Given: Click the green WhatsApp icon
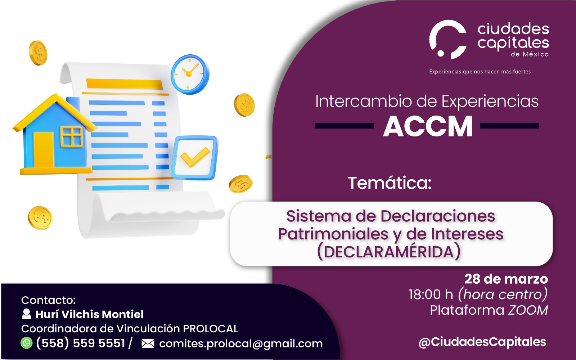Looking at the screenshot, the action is pos(27,343).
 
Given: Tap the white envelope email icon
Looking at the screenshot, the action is pos(148,343).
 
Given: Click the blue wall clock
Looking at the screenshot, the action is pos(190,74).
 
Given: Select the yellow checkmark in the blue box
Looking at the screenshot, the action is pos(195,157).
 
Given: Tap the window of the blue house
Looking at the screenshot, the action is pos(72,137).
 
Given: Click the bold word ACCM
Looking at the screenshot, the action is pos(428,126).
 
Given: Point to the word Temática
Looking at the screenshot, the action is pos(390,183).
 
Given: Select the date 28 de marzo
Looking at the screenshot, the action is pos(506,279).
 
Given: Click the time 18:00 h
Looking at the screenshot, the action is pos(431,294).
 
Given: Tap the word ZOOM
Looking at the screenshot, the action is pos(528,310).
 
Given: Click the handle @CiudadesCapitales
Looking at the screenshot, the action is pos(482,342).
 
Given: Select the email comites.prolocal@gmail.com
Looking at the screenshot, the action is pos(241,344).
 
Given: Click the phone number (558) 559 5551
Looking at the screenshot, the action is pos(81,343).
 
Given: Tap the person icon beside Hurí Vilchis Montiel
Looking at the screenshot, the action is pos(26,314).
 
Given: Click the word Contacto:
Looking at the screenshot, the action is pos(48,300).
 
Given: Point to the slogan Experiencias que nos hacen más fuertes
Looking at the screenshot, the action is pos(480,72).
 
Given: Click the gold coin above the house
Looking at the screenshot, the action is pos(38,53).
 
